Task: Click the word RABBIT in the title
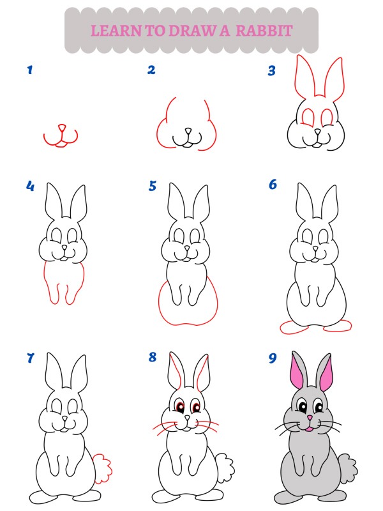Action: coord(264,31)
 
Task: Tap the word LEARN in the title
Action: coord(116,31)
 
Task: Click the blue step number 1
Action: coord(30,70)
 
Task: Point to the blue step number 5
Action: coord(153,186)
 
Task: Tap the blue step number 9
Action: coord(273,358)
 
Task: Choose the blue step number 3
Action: coord(272,70)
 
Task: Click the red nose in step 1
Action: coord(61,128)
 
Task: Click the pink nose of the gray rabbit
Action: coord(310,418)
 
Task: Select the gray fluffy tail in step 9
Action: coord(348,469)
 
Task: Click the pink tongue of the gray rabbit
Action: coord(310,429)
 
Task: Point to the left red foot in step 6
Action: coord(294,327)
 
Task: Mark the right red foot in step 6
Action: coord(338,326)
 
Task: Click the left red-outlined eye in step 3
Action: coord(308,118)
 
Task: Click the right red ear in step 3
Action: coord(334,77)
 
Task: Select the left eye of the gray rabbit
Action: coord(303,406)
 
